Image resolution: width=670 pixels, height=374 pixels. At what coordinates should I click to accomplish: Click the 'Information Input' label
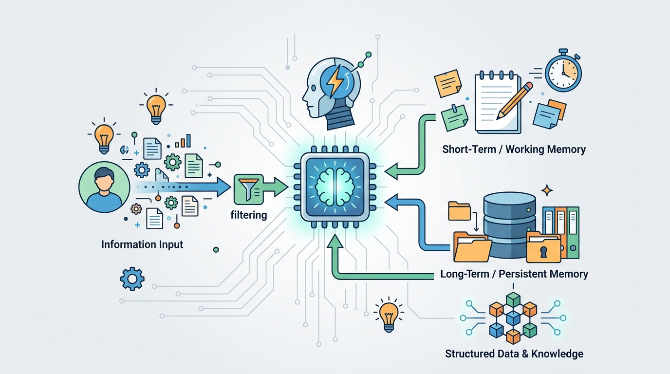point(142,244)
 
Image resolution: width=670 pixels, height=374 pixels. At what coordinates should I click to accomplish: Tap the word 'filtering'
point(248,215)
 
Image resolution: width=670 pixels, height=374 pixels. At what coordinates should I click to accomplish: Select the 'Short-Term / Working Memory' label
point(514,149)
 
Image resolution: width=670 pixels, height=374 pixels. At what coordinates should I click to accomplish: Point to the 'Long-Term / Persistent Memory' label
point(514,274)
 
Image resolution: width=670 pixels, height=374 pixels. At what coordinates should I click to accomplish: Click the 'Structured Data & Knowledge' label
point(514,354)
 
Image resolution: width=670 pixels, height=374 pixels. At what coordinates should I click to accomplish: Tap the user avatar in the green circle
point(104,187)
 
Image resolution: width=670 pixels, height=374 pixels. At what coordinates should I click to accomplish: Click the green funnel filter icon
point(248,189)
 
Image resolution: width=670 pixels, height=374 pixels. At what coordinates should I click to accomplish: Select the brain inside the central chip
point(335,187)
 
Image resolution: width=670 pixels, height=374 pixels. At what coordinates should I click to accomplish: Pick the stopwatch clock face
point(563,73)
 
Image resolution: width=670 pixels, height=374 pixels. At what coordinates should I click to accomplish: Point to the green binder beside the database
point(573,232)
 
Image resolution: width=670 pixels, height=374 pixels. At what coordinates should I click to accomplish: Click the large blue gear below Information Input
point(132,279)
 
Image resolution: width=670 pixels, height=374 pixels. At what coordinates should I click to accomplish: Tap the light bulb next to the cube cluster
point(389,316)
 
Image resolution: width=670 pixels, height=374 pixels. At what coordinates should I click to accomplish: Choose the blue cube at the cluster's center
point(513,318)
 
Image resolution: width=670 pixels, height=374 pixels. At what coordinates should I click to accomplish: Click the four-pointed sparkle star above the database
point(547,190)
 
